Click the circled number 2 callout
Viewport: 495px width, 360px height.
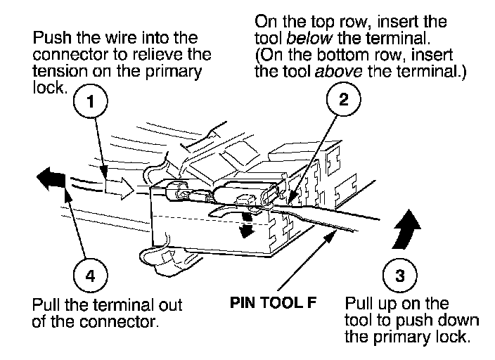(343, 101)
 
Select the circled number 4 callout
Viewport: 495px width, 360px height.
(89, 275)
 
